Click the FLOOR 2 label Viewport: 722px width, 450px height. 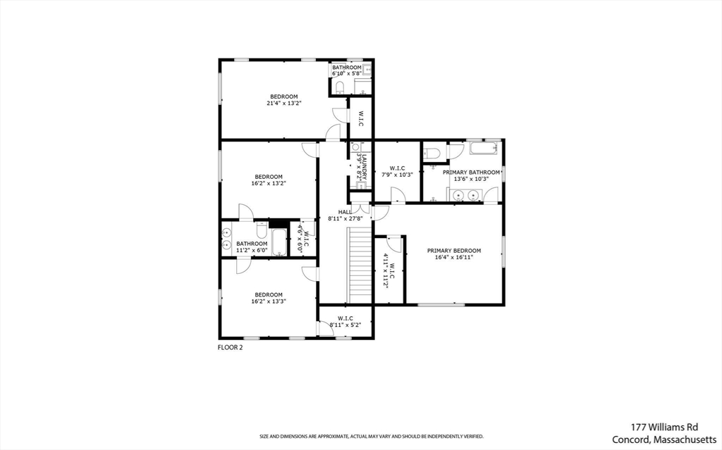pyautogui.click(x=230, y=347)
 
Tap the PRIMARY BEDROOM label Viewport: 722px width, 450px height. pyautogui.click(x=454, y=251)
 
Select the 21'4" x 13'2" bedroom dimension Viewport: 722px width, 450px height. pyautogui.click(x=284, y=103)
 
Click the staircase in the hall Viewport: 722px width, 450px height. pyautogui.click(x=360, y=265)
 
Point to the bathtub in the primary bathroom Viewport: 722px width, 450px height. pyautogui.click(x=484, y=148)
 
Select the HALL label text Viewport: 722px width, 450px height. pyautogui.click(x=345, y=212)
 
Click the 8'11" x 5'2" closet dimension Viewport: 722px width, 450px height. pyautogui.click(x=345, y=325)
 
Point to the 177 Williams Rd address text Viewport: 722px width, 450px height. pyautogui.click(x=664, y=427)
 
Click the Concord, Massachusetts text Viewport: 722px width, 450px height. pyautogui.click(x=664, y=439)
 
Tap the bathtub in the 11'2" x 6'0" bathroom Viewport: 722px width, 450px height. pyautogui.click(x=279, y=242)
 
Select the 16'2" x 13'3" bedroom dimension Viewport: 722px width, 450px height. pyautogui.click(x=269, y=302)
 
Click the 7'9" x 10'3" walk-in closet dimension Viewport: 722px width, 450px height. pyautogui.click(x=398, y=175)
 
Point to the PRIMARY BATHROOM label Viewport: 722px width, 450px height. pyautogui.click(x=471, y=173)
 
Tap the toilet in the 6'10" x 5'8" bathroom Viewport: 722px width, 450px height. pyautogui.click(x=339, y=87)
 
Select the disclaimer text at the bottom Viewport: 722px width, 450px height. pyautogui.click(x=372, y=436)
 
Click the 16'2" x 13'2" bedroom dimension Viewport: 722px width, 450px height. pyautogui.click(x=269, y=183)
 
